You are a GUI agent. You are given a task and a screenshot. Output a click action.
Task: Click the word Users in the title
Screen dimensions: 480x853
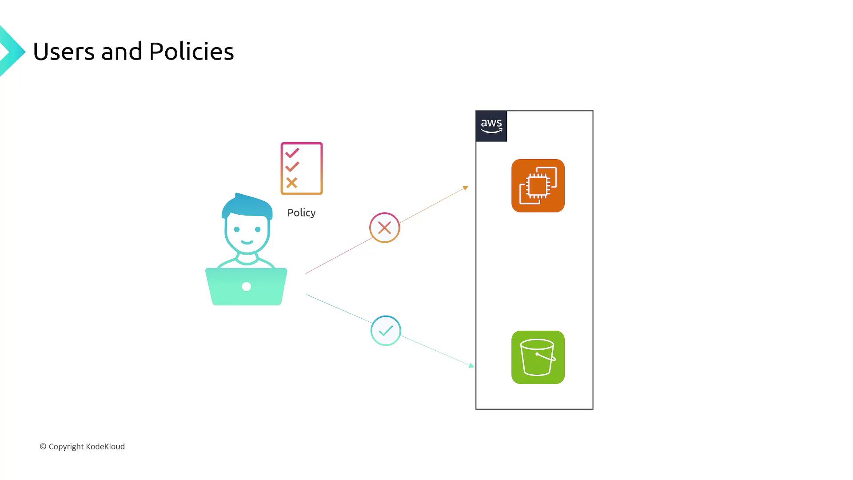[x=64, y=52]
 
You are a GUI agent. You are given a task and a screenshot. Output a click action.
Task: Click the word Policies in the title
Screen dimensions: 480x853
[x=191, y=52]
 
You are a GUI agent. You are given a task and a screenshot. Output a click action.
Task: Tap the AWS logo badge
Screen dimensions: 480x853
[x=491, y=126]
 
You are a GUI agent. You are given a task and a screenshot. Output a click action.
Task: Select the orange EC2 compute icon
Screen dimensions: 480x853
[x=538, y=186]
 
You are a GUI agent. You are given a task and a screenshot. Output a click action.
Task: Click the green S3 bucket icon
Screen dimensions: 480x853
[x=538, y=357]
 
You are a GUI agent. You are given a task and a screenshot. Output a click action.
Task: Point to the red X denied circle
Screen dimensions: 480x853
[x=385, y=228]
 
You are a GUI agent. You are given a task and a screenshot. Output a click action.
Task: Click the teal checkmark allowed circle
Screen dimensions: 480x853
[x=386, y=331]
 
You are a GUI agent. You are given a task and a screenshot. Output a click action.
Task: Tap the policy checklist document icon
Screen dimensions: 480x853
[x=302, y=168]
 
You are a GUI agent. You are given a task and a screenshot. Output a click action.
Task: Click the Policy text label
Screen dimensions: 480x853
[x=301, y=212]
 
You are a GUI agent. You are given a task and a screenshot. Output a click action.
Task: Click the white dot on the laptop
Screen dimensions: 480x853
[x=246, y=287]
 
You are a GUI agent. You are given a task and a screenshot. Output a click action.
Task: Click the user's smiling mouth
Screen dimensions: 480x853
[x=247, y=243]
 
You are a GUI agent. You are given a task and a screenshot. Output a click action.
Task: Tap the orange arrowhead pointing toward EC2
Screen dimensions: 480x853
[x=466, y=188]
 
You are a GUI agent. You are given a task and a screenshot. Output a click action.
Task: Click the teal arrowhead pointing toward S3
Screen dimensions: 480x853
[x=471, y=365]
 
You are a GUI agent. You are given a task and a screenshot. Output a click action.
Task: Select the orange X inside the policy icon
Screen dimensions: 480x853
[x=291, y=183]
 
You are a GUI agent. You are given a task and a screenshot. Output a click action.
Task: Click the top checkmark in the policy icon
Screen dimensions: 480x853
[x=292, y=153]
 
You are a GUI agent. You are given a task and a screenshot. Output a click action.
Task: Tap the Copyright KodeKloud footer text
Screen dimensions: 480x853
[x=82, y=447]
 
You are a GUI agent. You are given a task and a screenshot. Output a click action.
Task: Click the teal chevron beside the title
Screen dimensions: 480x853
[x=12, y=52]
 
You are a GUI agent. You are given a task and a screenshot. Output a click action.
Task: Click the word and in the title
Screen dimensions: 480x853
[x=121, y=52]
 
